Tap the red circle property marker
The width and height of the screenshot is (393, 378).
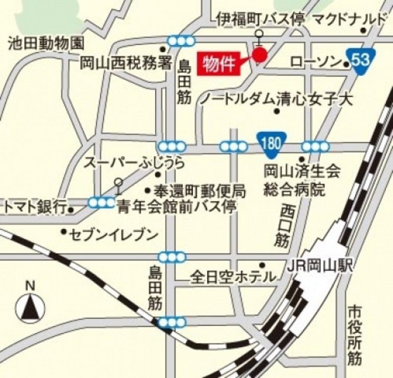coord(260,55)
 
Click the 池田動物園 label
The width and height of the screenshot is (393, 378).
coord(46,43)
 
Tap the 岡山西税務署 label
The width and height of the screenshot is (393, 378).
coord(126,63)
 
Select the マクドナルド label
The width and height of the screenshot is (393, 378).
coord(349,19)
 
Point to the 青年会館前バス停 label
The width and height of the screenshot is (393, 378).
coord(177,207)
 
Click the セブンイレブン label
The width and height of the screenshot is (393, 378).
coord(114,235)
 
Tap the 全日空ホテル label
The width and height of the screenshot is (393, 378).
coord(234,277)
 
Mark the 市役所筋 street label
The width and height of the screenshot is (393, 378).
coord(354,336)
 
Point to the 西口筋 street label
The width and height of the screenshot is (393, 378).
coord(284,225)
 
